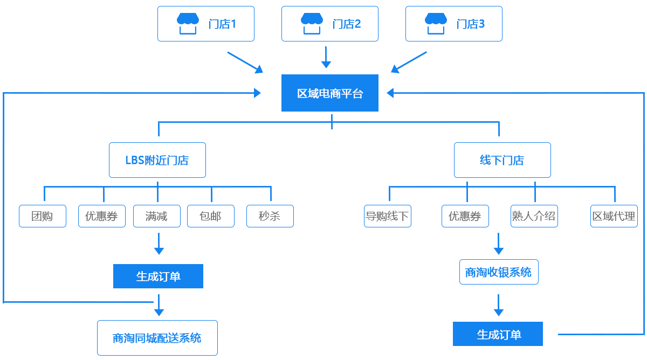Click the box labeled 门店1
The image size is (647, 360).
pyautogui.click(x=205, y=23)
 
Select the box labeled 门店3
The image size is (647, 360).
pyautogui.click(x=453, y=23)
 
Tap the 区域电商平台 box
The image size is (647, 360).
pyautogui.click(x=329, y=93)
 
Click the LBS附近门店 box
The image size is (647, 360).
pyautogui.click(x=157, y=160)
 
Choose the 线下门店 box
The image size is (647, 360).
pyautogui.click(x=502, y=160)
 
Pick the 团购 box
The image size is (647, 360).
pyautogui.click(x=42, y=216)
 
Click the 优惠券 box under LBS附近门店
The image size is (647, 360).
pyautogui.click(x=101, y=216)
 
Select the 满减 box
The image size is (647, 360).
pyautogui.click(x=156, y=216)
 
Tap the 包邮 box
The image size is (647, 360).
pyautogui.click(x=210, y=216)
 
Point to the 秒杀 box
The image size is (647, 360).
pyautogui.click(x=270, y=216)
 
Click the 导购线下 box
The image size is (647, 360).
pyautogui.click(x=387, y=216)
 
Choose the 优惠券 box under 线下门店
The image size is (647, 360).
pyautogui.click(x=465, y=216)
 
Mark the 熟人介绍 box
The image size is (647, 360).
pyautogui.click(x=534, y=216)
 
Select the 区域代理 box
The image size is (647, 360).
pyautogui.click(x=614, y=216)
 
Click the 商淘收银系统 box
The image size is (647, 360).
pyautogui.click(x=498, y=272)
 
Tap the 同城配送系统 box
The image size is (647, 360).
pyautogui.click(x=157, y=338)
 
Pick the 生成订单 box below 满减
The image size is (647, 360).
pyautogui.click(x=158, y=276)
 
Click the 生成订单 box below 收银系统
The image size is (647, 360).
pyautogui.click(x=498, y=334)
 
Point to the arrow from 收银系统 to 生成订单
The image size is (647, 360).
pyautogui.click(x=498, y=306)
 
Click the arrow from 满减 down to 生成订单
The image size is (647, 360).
pyautogui.click(x=159, y=244)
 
